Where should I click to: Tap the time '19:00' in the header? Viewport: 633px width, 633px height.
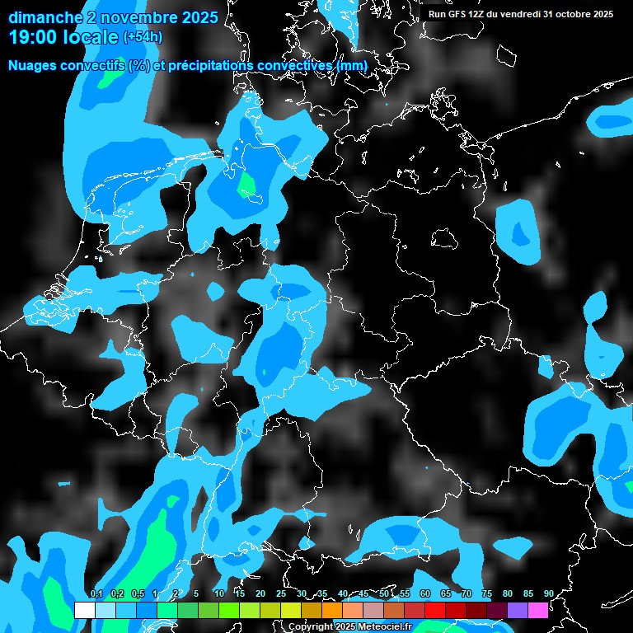tap(34, 37)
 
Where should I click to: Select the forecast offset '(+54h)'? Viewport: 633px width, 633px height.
tap(143, 37)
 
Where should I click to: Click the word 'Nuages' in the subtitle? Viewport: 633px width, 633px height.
tap(33, 65)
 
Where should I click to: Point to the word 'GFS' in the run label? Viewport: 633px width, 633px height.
tap(457, 14)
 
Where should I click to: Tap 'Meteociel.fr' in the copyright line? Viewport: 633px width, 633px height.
tap(383, 626)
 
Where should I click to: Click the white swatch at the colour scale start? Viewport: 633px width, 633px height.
tap(84, 610)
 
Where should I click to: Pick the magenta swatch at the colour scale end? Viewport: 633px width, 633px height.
tap(538, 610)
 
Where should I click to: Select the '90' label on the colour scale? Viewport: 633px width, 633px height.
tap(549, 593)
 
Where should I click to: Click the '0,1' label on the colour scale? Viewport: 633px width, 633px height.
tap(96, 593)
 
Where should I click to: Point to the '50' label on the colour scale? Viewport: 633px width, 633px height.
tap(384, 593)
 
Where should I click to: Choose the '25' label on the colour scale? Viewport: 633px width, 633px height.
tap(281, 593)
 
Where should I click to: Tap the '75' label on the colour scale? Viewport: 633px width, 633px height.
tap(487, 593)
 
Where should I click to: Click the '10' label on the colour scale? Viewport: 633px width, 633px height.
tap(219, 593)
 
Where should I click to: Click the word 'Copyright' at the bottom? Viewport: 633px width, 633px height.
tap(308, 626)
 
